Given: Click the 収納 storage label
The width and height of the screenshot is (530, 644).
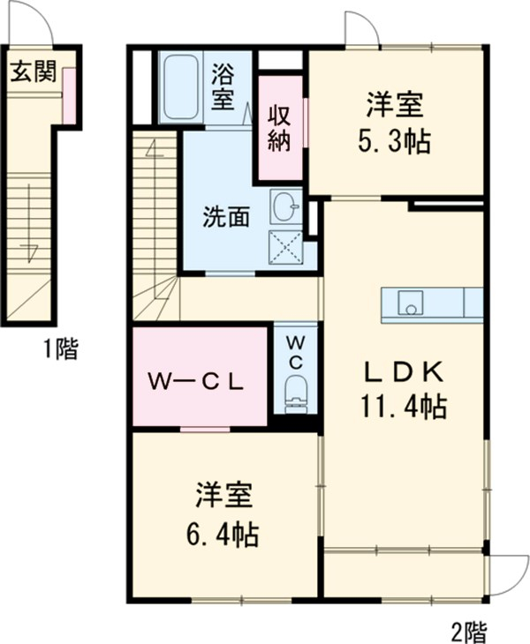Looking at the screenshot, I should [280, 129].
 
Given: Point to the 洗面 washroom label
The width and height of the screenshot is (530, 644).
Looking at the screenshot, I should [226, 216].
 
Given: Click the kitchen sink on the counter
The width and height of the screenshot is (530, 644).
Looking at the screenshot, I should [410, 304].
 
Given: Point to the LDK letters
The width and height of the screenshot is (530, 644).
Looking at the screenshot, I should [402, 373].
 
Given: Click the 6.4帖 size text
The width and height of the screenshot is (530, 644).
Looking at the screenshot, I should [224, 534].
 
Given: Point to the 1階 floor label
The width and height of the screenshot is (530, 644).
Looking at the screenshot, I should [60, 350].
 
